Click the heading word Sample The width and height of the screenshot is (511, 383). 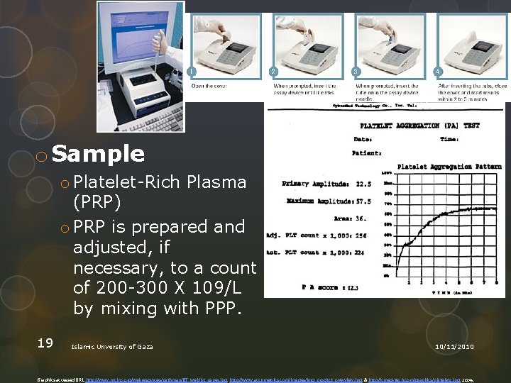(98, 154)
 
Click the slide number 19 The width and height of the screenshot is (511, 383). (45, 343)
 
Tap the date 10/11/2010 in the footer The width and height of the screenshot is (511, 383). (454, 346)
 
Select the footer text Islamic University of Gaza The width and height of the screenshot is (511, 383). (112, 346)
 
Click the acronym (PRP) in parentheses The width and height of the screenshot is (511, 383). (97, 203)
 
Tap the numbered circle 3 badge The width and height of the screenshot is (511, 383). (356, 72)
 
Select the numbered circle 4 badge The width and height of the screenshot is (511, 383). (438, 72)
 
